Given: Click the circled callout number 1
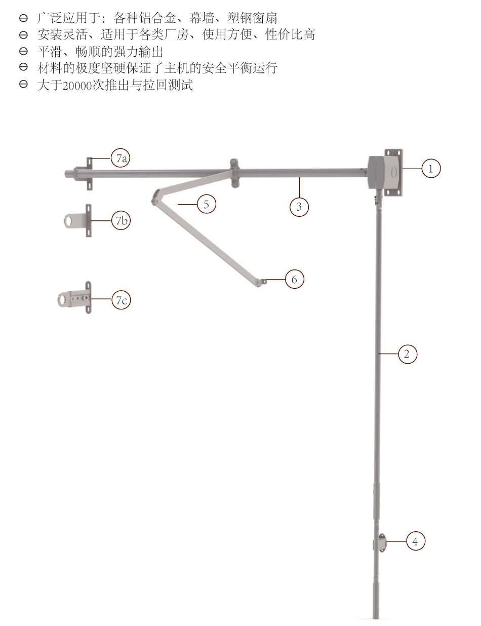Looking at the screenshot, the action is click(x=431, y=169).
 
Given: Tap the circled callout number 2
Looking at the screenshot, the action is click(x=408, y=354).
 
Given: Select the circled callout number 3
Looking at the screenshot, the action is click(x=299, y=207).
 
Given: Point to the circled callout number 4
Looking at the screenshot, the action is click(x=416, y=541).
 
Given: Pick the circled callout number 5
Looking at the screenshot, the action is click(x=207, y=204).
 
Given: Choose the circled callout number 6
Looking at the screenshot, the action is click(x=295, y=279).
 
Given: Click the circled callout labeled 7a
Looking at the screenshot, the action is click(x=121, y=158).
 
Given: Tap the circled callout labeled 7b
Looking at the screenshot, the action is click(x=121, y=221).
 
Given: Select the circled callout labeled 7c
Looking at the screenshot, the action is click(x=121, y=300).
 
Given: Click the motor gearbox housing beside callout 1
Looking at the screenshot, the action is click(x=385, y=173).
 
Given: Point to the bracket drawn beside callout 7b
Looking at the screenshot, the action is click(x=77, y=221).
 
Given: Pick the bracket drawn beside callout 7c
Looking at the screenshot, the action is click(x=74, y=298).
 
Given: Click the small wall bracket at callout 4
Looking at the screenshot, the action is click(x=381, y=543).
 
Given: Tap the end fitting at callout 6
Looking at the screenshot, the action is click(x=262, y=282).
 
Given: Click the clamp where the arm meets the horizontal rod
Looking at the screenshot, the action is click(x=234, y=173).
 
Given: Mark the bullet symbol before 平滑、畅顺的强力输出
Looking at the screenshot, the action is click(x=23, y=51).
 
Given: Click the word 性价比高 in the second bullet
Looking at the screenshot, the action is click(x=290, y=34).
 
